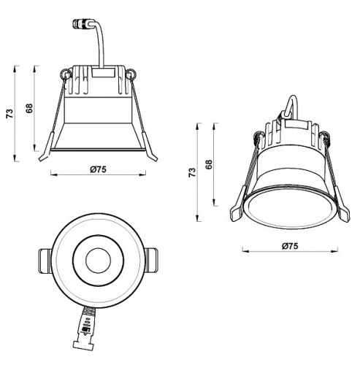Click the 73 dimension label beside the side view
(x=9, y=114)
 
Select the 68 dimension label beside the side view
(x=30, y=108)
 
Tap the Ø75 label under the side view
(x=99, y=169)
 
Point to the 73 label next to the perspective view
(x=192, y=172)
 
